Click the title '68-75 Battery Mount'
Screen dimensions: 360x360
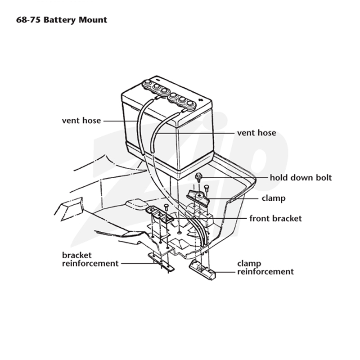click(x=62, y=20)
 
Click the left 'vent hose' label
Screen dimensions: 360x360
click(x=81, y=121)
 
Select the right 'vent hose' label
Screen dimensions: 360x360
click(x=256, y=133)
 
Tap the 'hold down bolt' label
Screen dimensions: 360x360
click(x=301, y=177)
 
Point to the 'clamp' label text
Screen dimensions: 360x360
click(x=274, y=198)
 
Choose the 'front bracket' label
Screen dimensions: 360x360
click(x=275, y=218)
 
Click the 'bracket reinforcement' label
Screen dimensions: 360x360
click(x=90, y=259)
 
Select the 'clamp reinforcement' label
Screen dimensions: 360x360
click(x=265, y=267)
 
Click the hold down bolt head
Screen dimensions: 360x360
click(x=198, y=176)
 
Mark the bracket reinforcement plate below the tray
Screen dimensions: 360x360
click(x=161, y=262)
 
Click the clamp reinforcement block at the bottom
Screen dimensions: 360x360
click(x=202, y=270)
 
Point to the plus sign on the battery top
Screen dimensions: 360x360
click(x=200, y=99)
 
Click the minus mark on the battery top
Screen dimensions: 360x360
click(x=158, y=81)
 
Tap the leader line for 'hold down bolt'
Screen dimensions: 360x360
click(x=234, y=177)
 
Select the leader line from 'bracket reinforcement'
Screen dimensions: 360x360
click(x=139, y=263)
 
